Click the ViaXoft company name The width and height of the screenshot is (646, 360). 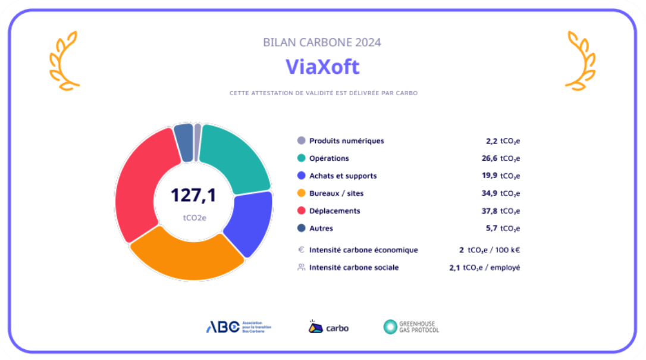coord(322,67)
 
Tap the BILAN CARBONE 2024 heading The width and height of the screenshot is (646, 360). coord(322,42)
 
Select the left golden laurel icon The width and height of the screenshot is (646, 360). coord(64,61)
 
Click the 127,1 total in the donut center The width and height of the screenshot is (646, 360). coord(193,195)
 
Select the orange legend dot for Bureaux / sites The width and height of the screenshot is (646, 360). coord(301,193)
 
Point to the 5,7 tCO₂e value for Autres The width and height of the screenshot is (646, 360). coord(505,228)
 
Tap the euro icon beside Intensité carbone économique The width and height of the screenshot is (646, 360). coord(301,250)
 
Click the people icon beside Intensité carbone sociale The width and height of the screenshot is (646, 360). coord(301,267)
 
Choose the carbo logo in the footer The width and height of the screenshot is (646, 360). coord(328,327)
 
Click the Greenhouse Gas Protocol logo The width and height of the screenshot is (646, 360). coord(411,327)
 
